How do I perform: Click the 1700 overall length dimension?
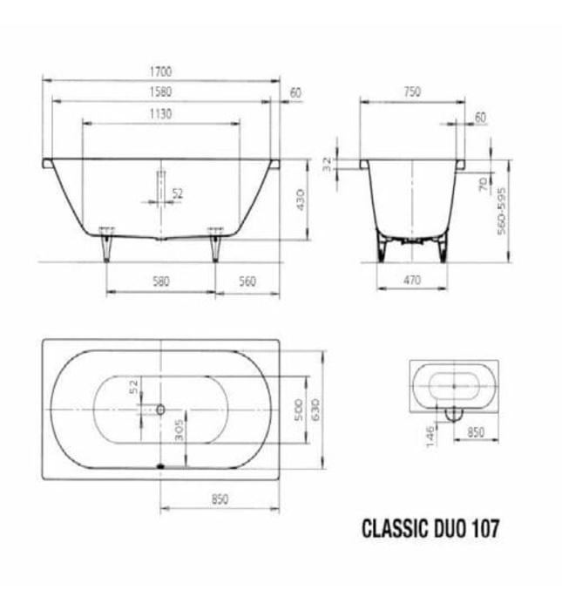(x=161, y=70)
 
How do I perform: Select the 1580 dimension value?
(x=161, y=91)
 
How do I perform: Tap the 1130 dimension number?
(x=160, y=114)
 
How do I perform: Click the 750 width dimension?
(x=413, y=91)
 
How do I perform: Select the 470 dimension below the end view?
(x=412, y=281)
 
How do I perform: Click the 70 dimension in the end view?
(x=482, y=184)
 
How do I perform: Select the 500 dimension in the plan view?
(x=299, y=408)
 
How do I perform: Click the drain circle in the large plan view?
(x=161, y=409)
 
